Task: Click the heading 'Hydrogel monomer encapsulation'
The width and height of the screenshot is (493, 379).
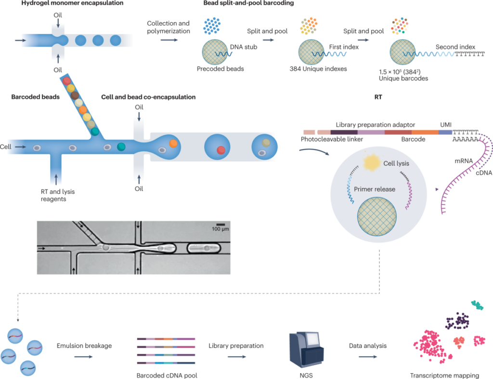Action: (x=65, y=4)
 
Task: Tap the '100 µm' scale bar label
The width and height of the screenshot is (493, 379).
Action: (x=221, y=229)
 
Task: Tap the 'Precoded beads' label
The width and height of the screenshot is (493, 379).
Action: (x=221, y=69)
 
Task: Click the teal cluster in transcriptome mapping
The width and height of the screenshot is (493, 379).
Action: (x=477, y=305)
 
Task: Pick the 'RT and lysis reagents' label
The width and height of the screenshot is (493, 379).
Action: (x=57, y=195)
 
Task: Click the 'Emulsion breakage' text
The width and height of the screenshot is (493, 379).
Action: (x=84, y=345)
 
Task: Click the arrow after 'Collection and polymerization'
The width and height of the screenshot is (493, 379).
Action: (x=168, y=40)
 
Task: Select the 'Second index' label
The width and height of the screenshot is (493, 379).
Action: (x=455, y=47)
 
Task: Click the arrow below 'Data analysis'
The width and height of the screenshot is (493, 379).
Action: (x=368, y=356)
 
